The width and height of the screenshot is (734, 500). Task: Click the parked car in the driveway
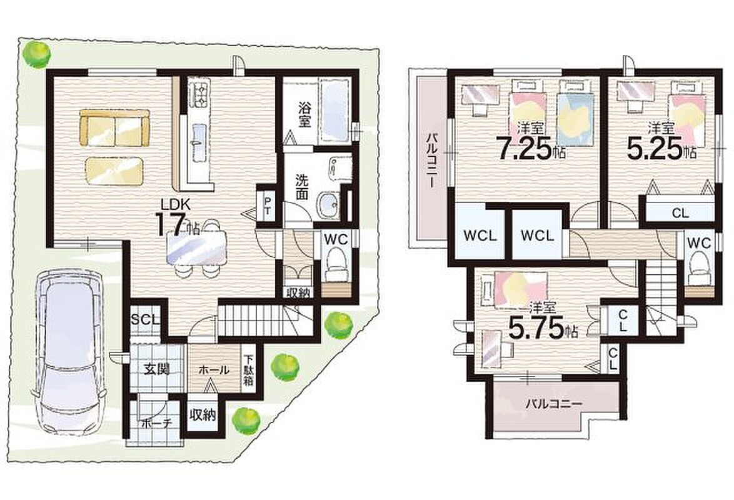70,352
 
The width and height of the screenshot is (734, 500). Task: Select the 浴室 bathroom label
304,114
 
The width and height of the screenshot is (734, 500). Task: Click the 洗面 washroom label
302,187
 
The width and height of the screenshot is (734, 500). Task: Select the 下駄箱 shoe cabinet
248,369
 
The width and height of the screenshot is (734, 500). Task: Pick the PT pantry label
268,206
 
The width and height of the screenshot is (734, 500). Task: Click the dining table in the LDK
196,249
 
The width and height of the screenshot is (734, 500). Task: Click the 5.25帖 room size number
661,150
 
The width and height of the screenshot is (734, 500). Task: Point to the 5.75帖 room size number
543,330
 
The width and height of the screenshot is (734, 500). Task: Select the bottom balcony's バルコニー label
553,403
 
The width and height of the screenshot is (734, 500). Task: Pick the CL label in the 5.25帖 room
680,214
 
